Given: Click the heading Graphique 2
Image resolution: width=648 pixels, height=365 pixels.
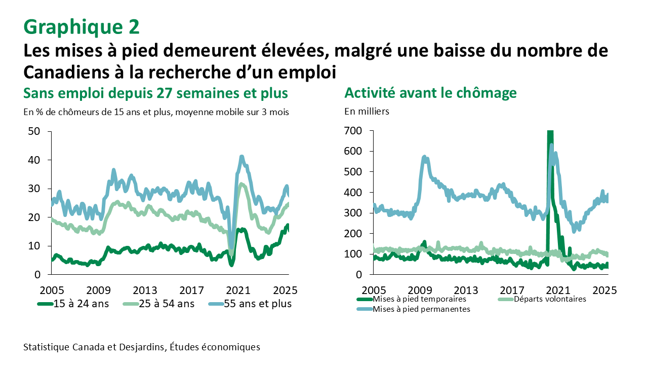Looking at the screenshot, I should coord(81,27).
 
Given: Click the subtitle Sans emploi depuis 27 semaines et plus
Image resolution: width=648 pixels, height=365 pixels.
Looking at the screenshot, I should coord(155,93).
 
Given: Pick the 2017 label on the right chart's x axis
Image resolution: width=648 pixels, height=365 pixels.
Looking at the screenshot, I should coord(512,291).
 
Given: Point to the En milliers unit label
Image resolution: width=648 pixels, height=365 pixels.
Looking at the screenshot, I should coord(367,112).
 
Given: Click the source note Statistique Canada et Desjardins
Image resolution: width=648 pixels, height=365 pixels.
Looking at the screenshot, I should coord(141,347).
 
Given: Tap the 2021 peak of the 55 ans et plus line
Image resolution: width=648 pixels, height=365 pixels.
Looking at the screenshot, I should coord(242,157).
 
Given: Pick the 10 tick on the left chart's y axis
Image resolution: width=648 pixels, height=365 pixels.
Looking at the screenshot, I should coord(37,246).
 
